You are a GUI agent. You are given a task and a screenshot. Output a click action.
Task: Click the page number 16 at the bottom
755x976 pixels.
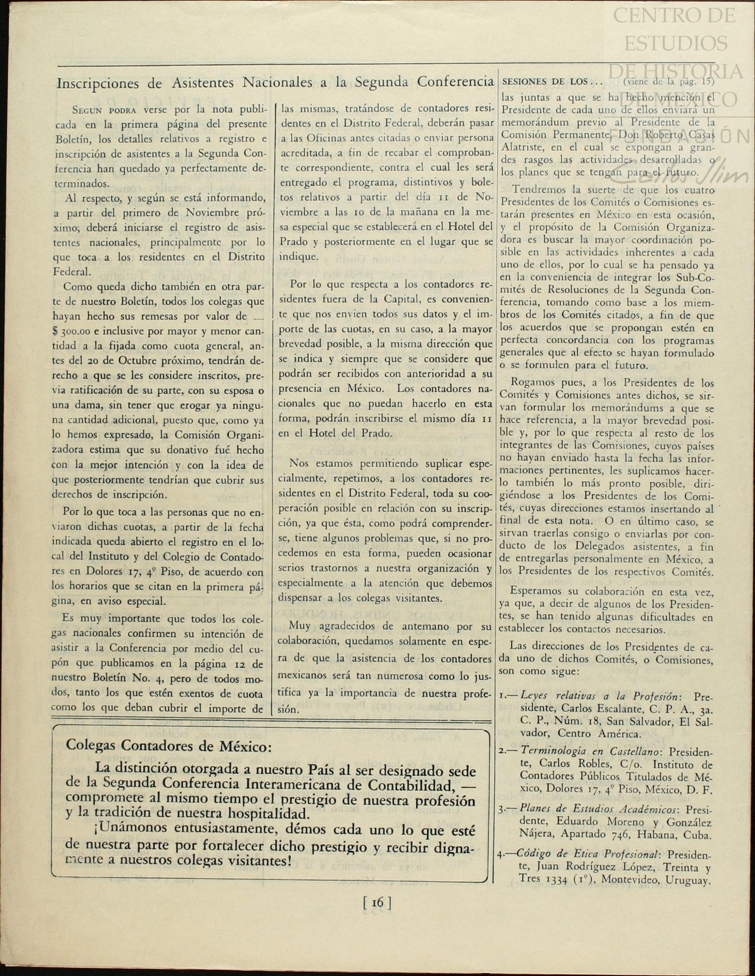[x=377, y=902]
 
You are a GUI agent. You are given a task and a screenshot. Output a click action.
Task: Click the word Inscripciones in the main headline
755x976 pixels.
[x=98, y=84]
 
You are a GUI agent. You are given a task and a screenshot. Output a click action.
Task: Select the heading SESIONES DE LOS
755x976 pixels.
[x=544, y=81]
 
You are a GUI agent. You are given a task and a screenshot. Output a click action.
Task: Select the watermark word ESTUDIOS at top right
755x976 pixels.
[x=676, y=43]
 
